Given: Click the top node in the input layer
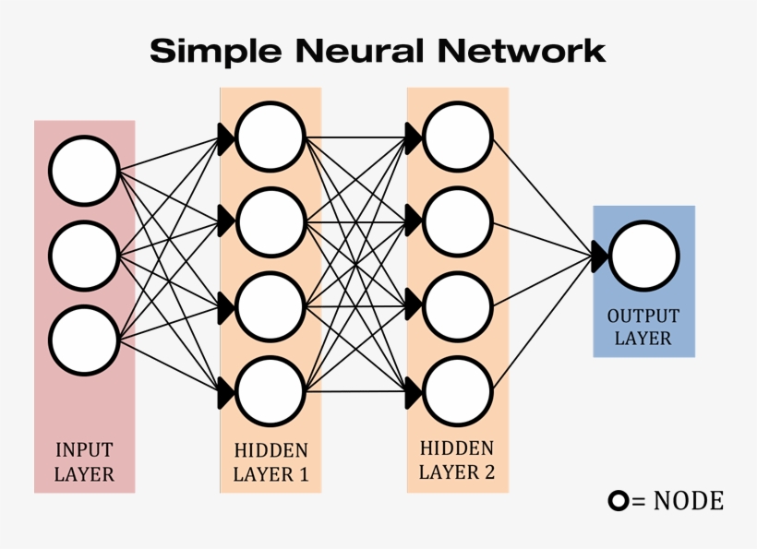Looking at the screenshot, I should pyautogui.click(x=84, y=171).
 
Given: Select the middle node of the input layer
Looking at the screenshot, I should pyautogui.click(x=84, y=256).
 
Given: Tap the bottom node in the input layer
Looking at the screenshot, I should pyautogui.click(x=84, y=340).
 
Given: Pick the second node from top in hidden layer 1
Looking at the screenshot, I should pyautogui.click(x=270, y=221).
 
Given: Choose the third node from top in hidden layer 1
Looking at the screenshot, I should pyautogui.click(x=270, y=306).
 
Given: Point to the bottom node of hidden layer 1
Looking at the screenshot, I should pyautogui.click(x=270, y=391).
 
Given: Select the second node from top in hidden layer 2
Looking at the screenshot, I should pyautogui.click(x=457, y=221).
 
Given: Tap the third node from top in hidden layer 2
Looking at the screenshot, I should pyautogui.click(x=457, y=306).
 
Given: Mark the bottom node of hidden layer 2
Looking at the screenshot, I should pyautogui.click(x=457, y=391).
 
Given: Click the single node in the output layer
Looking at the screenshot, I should pyautogui.click(x=643, y=257).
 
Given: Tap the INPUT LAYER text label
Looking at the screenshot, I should pyautogui.click(x=84, y=462).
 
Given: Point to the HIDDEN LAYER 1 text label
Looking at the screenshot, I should pyautogui.click(x=270, y=462).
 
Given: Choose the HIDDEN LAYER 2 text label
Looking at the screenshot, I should pyautogui.click(x=457, y=460).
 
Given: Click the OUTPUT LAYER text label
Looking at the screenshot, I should pyautogui.click(x=643, y=327).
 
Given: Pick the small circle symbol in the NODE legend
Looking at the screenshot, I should pyautogui.click(x=618, y=501).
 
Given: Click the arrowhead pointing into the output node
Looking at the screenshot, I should pyautogui.click(x=599, y=257).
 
